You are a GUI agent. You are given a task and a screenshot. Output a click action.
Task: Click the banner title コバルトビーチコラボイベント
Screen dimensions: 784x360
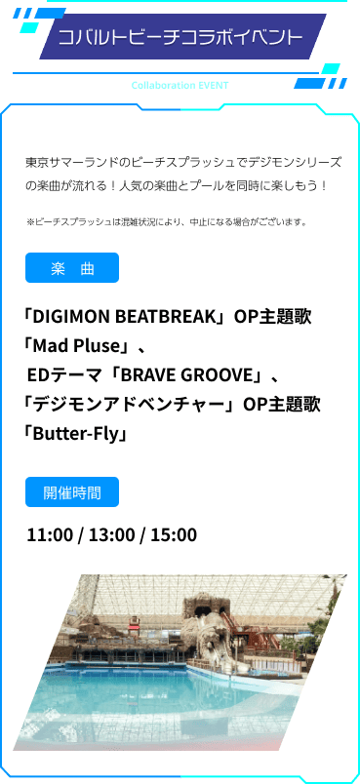coord(180,38)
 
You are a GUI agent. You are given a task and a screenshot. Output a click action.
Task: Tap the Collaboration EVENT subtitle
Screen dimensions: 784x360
coord(180,85)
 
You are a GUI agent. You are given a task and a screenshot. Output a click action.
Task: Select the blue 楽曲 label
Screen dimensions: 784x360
coord(72,268)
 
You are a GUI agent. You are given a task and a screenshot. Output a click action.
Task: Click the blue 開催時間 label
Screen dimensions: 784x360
coord(72,492)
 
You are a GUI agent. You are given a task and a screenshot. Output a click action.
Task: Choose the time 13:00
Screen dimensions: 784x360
coord(111,534)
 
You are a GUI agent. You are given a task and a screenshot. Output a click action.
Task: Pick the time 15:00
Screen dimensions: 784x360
coord(173,534)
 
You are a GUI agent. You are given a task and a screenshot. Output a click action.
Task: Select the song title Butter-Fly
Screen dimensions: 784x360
coord(78,433)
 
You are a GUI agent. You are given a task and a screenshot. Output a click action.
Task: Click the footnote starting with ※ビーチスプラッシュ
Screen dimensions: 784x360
coord(167,221)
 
